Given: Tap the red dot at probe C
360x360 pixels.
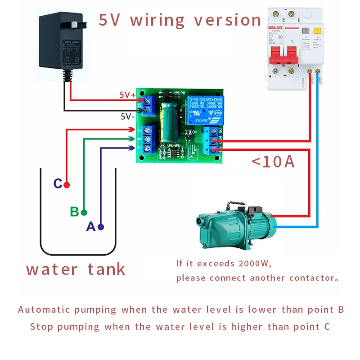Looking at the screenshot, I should pyautogui.click(x=67, y=184).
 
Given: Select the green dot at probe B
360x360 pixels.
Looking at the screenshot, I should pyautogui.click(x=84, y=212).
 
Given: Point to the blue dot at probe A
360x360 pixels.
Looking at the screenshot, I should pyautogui.click(x=101, y=227).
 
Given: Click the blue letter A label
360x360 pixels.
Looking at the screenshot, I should pyautogui.click(x=90, y=227).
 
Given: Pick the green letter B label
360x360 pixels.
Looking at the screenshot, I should pyautogui.click(x=74, y=211).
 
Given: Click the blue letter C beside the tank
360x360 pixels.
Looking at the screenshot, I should pyautogui.click(x=58, y=184).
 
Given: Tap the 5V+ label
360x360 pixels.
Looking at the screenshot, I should pyautogui.click(x=127, y=95).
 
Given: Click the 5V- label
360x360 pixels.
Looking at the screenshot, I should pyautogui.click(x=128, y=116).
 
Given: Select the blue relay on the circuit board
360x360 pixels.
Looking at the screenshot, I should pyautogui.click(x=199, y=109).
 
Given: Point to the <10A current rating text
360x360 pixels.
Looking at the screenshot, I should pyautogui.click(x=273, y=161).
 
